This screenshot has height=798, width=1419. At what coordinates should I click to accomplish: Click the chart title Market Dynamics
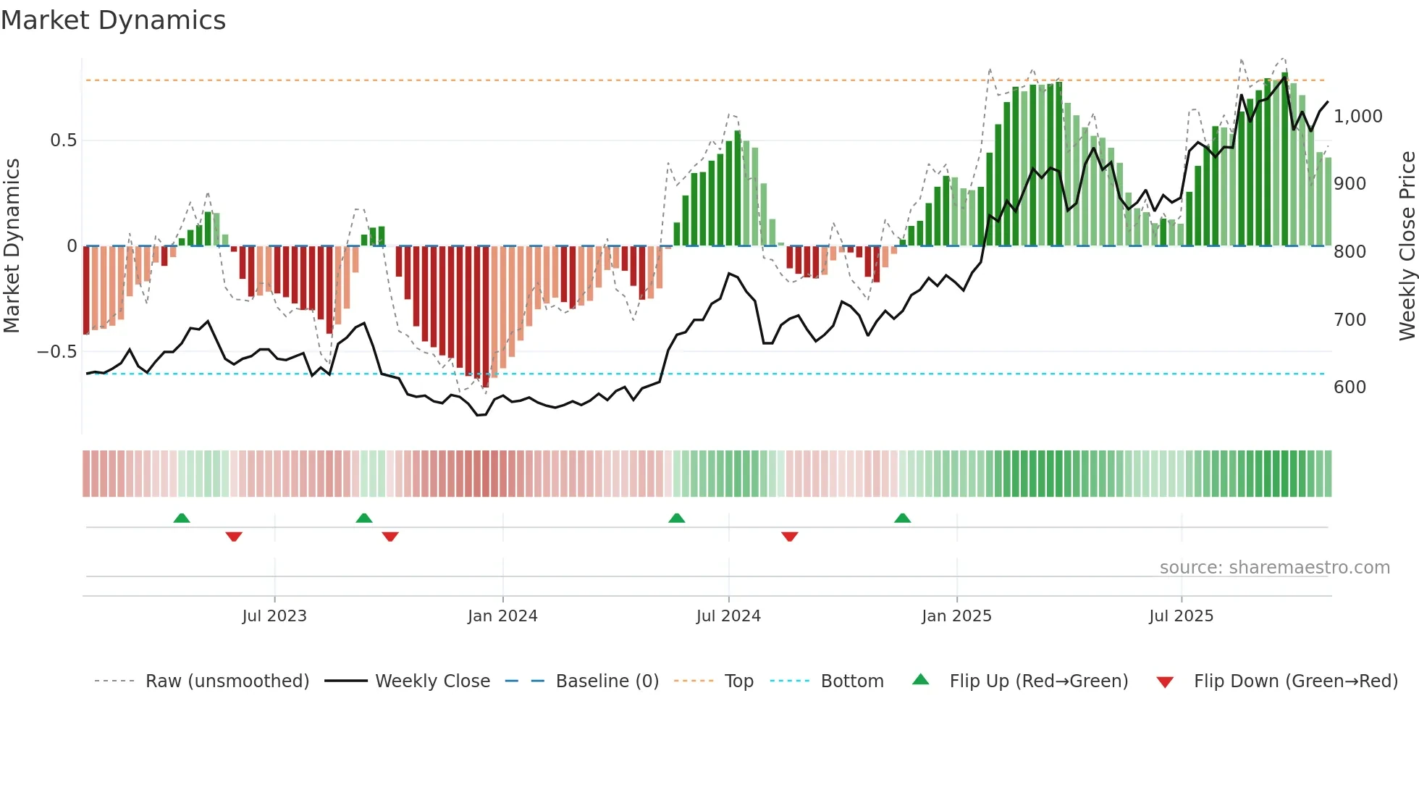pos(114,20)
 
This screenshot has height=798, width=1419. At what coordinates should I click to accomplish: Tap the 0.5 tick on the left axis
pos(63,140)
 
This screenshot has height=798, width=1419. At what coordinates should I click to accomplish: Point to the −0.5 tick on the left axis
pos(57,352)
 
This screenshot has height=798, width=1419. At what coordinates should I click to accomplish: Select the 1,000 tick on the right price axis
pos(1357,117)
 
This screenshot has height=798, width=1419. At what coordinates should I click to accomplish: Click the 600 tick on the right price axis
pos(1349,387)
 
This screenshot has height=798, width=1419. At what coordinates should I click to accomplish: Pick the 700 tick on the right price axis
pos(1349,319)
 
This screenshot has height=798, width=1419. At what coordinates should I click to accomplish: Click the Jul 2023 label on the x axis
pos(274,616)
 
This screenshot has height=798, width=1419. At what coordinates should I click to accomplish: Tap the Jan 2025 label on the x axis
pos(956,616)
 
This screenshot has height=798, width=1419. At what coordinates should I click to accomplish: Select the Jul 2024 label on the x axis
pos(728,616)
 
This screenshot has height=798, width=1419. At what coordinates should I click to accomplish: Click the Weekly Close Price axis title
pos(1407,246)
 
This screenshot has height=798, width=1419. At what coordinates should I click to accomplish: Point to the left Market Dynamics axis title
pos(12,246)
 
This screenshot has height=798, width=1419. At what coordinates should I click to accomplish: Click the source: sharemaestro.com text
pos(1274,568)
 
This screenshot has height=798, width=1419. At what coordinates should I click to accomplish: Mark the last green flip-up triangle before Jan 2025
pos(902,518)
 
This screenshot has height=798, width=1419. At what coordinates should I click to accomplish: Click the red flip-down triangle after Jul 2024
pos(790,536)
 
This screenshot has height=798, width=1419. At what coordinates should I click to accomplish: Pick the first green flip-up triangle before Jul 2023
pos(182,518)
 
